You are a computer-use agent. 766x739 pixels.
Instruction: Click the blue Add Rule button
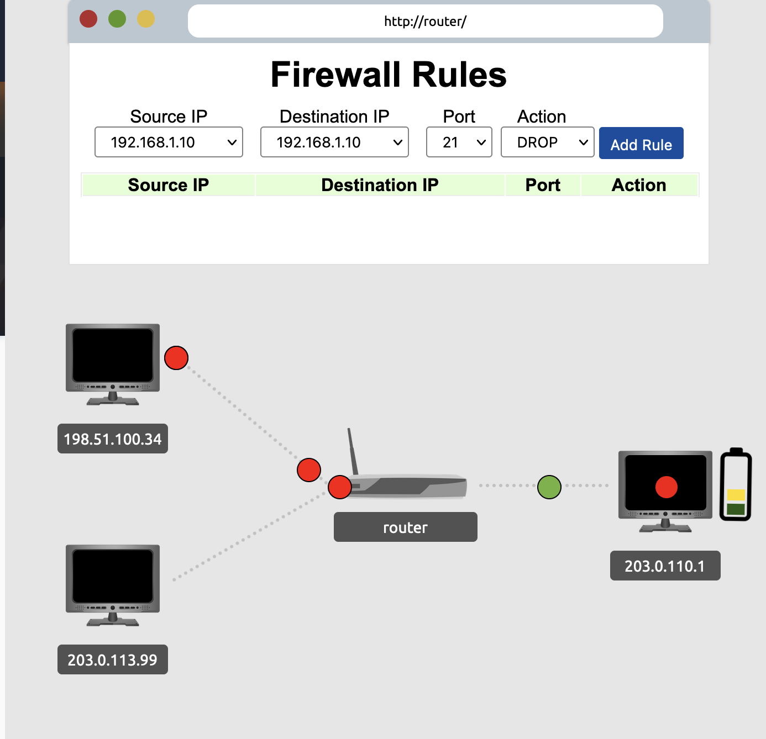[641, 144]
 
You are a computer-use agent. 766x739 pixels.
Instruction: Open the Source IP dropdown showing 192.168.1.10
[169, 142]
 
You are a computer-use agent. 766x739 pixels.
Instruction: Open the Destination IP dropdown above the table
[334, 142]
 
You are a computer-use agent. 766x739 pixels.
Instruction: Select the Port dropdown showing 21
[459, 142]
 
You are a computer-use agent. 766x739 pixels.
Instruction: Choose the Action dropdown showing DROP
[547, 142]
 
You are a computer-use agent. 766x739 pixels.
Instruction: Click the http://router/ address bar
[425, 22]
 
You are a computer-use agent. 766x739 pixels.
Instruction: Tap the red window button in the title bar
[88, 19]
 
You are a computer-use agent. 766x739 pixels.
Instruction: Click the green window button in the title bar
[117, 19]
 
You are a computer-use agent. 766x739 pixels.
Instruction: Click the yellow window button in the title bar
[146, 19]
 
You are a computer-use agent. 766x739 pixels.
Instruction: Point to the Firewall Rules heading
[389, 75]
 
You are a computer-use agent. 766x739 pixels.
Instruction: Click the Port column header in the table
[543, 185]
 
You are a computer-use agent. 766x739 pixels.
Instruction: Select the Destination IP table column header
[380, 185]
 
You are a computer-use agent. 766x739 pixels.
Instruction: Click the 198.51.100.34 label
[113, 439]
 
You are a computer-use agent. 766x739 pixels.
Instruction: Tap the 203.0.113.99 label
[113, 660]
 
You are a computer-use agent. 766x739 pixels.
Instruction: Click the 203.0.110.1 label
[665, 566]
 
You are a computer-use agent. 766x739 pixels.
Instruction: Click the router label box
[405, 527]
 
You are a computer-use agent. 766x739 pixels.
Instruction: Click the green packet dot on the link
[549, 487]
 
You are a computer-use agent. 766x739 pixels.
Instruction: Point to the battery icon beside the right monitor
[736, 485]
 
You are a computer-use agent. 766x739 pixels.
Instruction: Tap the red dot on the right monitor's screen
[666, 487]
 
